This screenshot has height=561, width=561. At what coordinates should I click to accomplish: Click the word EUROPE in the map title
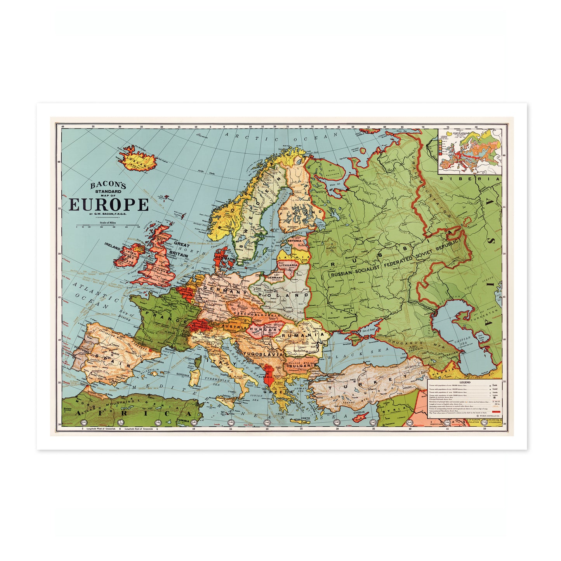click(x=109, y=204)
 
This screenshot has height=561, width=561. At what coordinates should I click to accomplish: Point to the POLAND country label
click(x=284, y=295)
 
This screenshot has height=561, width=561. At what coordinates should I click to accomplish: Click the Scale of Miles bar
click(x=108, y=226)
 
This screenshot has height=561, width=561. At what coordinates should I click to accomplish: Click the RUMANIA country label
click(x=302, y=335)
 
